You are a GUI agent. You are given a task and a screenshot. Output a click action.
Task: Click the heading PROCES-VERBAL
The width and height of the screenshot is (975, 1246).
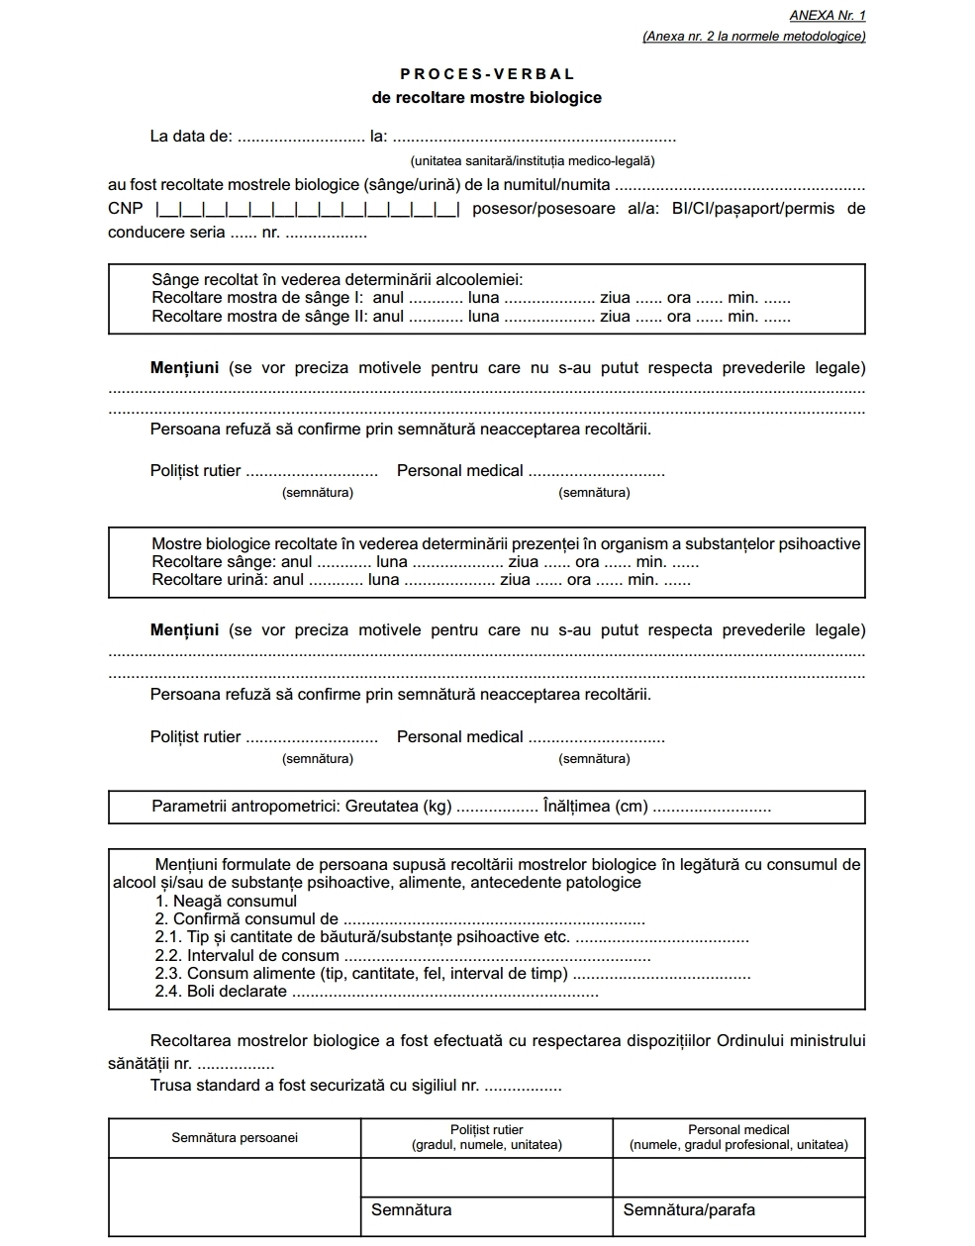point(487,74)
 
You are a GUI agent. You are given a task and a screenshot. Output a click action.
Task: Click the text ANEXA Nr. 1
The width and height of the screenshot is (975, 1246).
point(828,16)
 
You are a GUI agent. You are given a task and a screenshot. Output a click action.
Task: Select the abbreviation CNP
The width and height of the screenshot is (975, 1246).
point(125,209)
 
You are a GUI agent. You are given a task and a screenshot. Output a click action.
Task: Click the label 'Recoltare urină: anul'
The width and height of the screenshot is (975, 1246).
point(228,580)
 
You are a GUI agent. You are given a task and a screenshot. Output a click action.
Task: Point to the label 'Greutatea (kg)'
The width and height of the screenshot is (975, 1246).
point(398,807)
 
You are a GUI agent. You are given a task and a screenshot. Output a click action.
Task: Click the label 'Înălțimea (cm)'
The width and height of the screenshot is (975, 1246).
point(595,807)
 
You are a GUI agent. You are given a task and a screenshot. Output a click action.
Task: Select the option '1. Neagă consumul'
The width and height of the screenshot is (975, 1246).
point(226,902)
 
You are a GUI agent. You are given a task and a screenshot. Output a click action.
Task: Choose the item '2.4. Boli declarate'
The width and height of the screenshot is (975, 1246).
point(221,991)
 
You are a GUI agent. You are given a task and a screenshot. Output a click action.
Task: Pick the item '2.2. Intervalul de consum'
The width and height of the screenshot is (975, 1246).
point(246,956)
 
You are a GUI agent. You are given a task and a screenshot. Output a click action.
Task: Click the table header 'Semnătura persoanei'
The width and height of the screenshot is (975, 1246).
point(235,1138)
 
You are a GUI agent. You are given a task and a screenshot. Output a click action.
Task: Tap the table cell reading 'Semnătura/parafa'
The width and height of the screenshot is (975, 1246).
point(689,1209)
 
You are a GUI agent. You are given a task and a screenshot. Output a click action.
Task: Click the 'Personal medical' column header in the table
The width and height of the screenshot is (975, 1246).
point(738,1137)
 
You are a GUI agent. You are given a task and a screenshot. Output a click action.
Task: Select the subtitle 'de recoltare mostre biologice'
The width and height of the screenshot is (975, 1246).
point(487,98)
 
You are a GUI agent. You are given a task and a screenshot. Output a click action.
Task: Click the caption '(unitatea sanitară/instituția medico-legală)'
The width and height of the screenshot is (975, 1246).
point(533,160)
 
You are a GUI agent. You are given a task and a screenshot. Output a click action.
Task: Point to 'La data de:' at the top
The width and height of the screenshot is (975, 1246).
point(191,137)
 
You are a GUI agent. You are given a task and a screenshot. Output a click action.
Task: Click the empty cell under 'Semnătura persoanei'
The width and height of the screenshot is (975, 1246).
point(235,1197)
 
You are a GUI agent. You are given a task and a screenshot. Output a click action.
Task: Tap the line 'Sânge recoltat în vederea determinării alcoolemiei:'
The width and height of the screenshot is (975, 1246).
point(337,280)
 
